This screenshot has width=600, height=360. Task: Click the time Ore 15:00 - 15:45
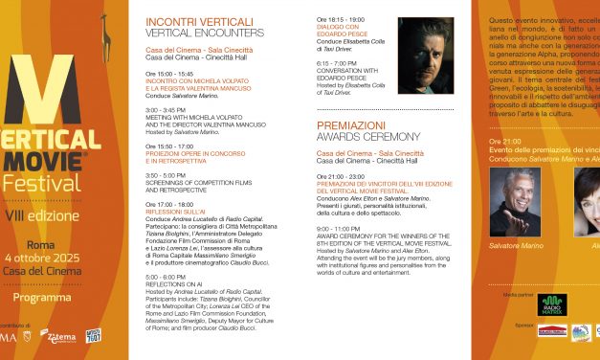172,73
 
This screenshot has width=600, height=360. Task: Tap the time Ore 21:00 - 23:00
341,176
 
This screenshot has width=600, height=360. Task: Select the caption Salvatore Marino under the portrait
517,246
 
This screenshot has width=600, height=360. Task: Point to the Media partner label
517,295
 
